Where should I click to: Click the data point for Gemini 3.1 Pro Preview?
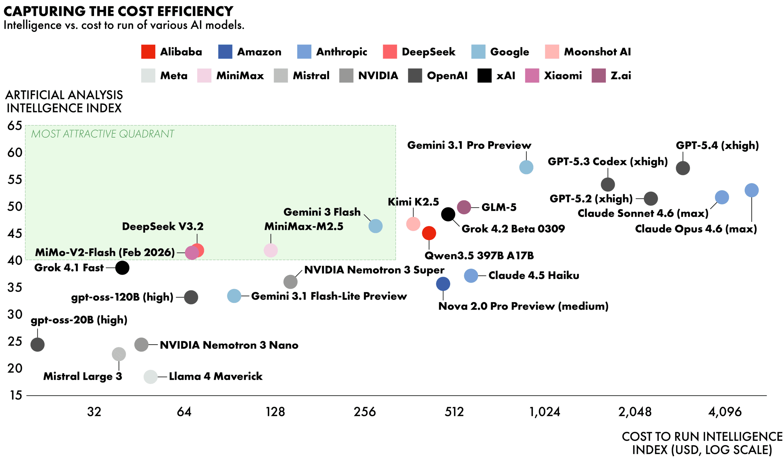[526, 167]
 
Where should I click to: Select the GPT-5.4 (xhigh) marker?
[683, 168]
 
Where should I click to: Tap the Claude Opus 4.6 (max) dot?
[751, 190]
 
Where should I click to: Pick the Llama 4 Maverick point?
[151, 377]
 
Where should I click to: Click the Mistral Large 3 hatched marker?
[119, 354]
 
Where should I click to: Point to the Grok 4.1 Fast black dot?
[122, 268]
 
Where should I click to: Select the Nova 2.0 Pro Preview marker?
[443, 284]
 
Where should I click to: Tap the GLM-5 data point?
[464, 207]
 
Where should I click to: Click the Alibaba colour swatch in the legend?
[148, 52]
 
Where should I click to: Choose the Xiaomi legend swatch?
[532, 76]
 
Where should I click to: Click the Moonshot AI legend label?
[597, 52]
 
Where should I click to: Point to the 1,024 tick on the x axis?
[545, 412]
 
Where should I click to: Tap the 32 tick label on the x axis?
[94, 412]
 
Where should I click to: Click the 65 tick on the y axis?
[15, 126]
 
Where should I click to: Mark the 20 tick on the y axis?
[15, 368]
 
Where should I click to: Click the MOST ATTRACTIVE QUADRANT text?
[103, 134]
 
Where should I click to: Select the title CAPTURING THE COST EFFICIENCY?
[118, 12]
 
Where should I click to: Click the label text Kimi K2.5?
[413, 202]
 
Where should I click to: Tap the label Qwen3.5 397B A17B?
[479, 256]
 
